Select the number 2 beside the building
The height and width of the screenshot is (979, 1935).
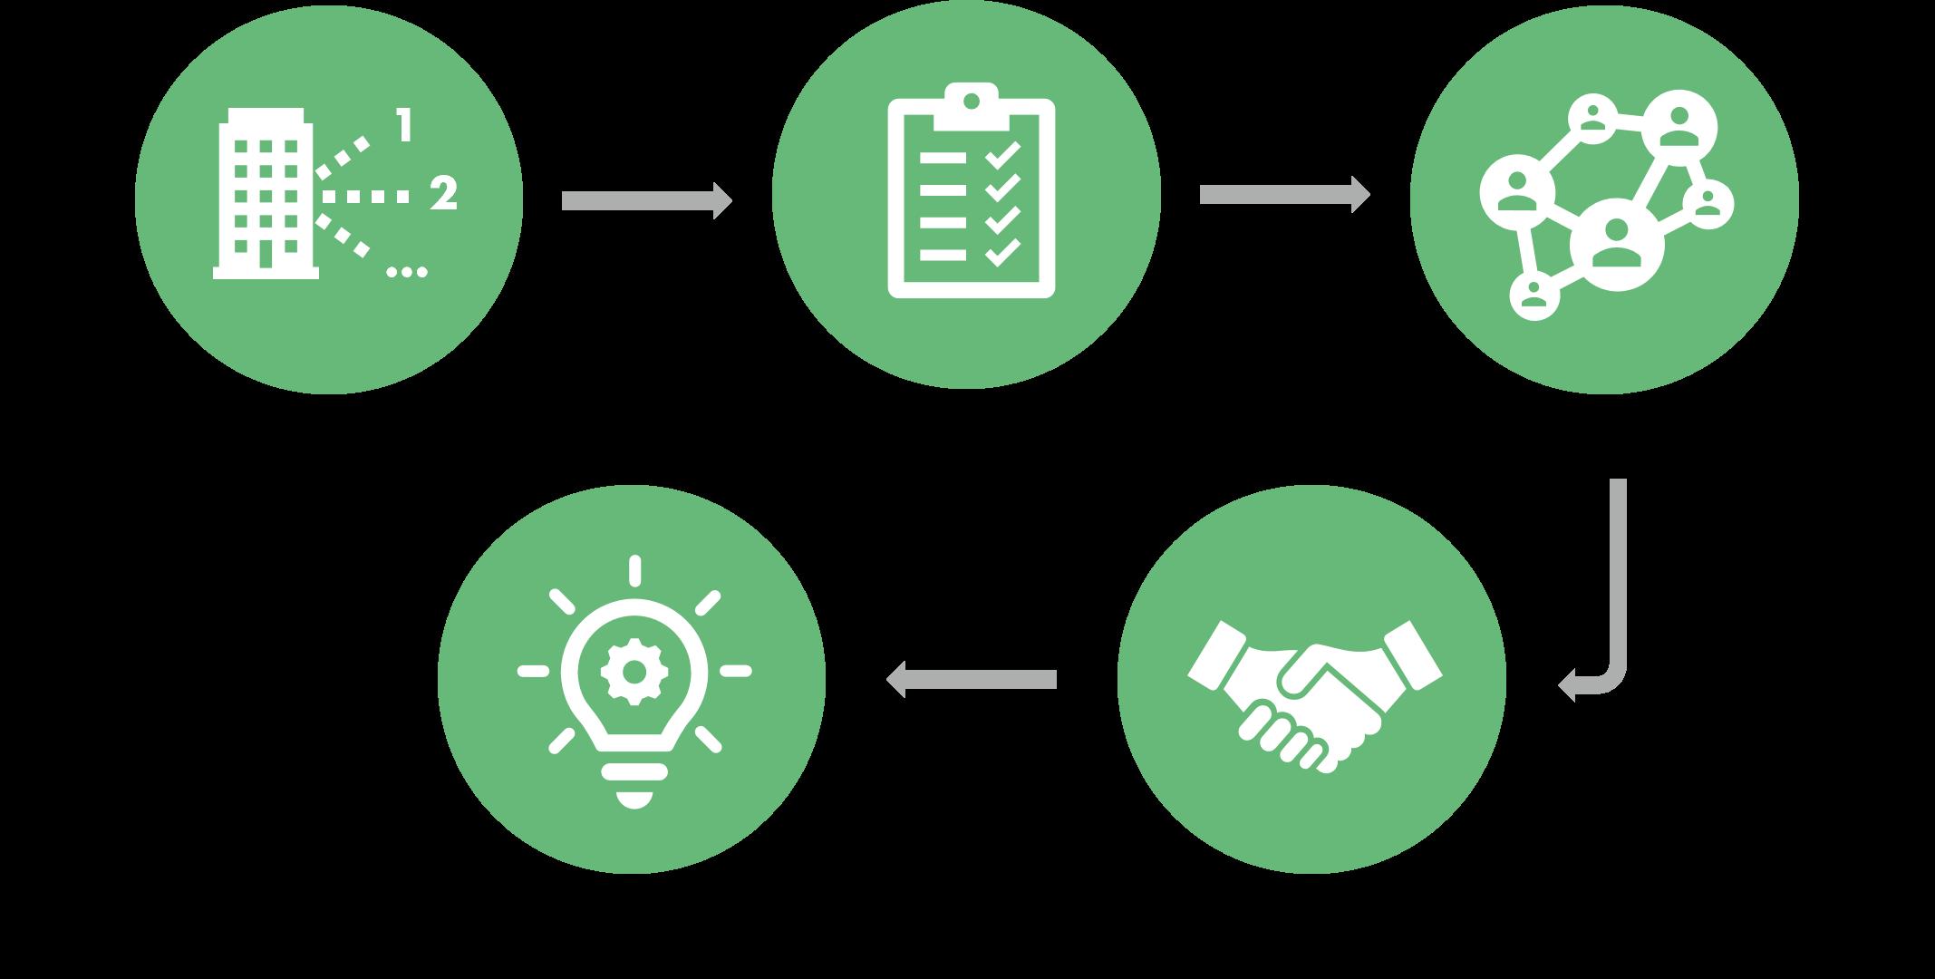coord(442,194)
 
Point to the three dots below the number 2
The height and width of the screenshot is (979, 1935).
coord(407,270)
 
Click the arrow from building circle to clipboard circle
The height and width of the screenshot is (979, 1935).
coord(645,200)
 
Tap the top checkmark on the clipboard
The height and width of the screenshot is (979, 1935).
coord(1003,156)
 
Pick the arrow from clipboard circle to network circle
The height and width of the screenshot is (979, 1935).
coord(1283,195)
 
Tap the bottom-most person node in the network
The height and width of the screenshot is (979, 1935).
coord(1533,295)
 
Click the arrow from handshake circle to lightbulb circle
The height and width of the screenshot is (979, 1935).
coord(971,679)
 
